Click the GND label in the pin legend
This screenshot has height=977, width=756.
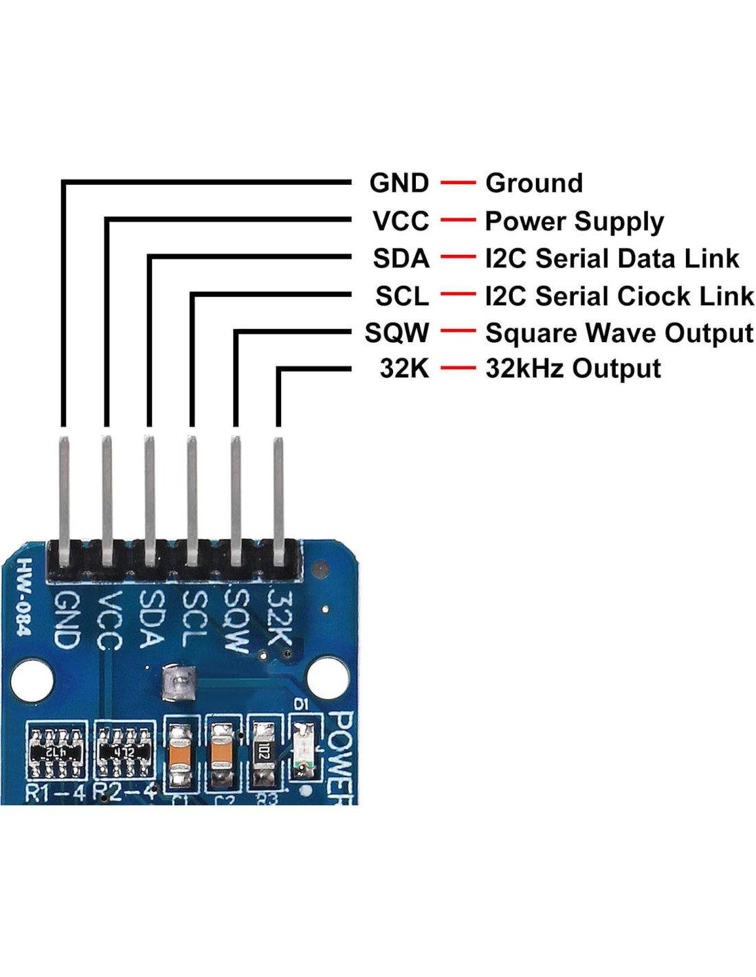pyautogui.click(x=399, y=183)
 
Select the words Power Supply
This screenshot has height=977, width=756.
pyautogui.click(x=574, y=221)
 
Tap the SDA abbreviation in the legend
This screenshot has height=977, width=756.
pyautogui.click(x=401, y=259)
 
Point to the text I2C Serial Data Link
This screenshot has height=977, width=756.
pyautogui.click(x=612, y=259)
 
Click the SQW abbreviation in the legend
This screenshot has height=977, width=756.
pyautogui.click(x=397, y=333)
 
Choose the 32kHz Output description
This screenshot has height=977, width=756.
pyautogui.click(x=572, y=369)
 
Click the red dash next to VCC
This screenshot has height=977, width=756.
pyautogui.click(x=458, y=221)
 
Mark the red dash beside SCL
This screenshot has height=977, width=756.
pyautogui.click(x=458, y=295)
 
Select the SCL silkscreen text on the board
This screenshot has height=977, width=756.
pyautogui.click(x=194, y=618)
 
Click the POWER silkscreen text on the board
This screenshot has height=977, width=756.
pyautogui.click(x=341, y=756)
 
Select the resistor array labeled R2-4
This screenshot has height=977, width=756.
pyautogui.click(x=124, y=752)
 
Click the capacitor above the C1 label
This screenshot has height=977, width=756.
pyautogui.click(x=180, y=756)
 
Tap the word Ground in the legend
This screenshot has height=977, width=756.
pyautogui.click(x=533, y=183)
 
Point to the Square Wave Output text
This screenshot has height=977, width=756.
pyautogui.click(x=619, y=333)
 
